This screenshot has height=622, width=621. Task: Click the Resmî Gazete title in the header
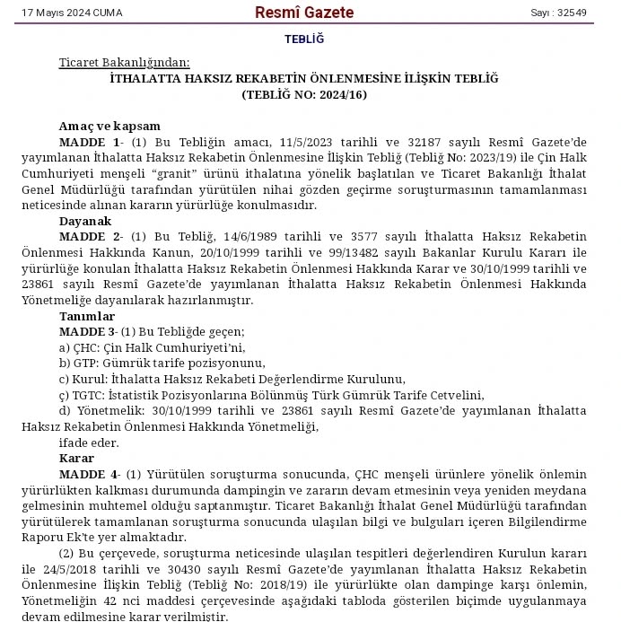[304, 13]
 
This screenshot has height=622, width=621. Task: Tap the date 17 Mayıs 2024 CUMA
[72, 13]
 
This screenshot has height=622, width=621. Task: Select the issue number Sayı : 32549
[558, 13]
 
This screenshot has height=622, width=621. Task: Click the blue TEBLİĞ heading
[304, 39]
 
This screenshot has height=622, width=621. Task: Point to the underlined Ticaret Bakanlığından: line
[125, 62]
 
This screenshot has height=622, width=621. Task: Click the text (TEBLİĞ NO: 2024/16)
[304, 94]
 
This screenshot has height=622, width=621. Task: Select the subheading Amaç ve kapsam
[109, 127]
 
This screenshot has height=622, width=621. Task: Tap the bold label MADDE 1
[90, 143]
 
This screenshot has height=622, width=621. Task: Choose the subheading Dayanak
[85, 221]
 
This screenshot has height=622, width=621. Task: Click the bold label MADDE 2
[90, 237]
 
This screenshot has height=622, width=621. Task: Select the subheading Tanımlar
[87, 316]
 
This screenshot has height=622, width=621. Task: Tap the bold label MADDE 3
[89, 332]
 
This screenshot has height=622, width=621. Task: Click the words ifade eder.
[88, 442]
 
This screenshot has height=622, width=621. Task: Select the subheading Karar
[76, 459]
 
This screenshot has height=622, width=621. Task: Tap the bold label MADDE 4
[90, 474]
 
